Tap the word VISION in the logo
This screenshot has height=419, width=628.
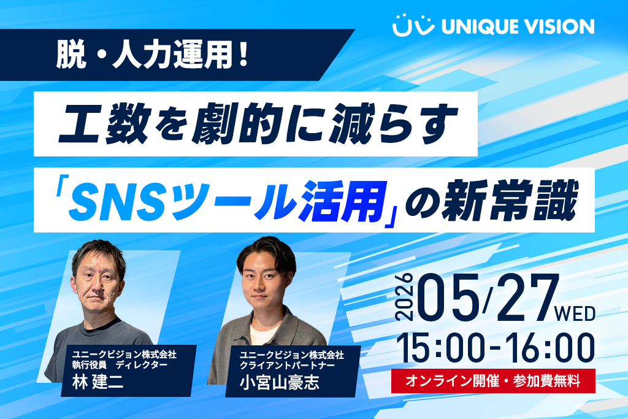coord(559,26)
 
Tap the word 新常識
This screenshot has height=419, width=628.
coord(510,200)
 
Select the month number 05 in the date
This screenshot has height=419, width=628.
coord(448,297)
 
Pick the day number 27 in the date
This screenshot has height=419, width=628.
coord(526,297)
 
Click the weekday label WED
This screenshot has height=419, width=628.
coord(575,313)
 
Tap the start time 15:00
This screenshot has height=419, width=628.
coord(440,348)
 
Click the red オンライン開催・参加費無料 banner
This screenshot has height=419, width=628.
coord(493,380)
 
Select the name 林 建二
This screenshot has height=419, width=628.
coord(98,382)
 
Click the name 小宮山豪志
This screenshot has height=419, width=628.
coord(280,382)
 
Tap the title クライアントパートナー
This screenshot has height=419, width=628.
coord(287,365)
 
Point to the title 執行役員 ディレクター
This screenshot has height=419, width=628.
coord(120,364)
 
